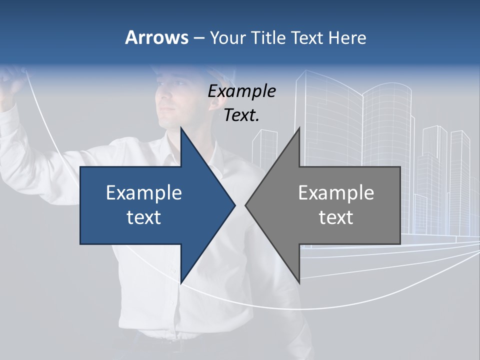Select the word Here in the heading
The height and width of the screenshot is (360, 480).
coord(347,37)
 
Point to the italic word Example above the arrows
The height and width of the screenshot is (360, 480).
coord(241,91)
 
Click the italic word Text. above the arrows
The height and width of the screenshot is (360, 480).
coord(241,115)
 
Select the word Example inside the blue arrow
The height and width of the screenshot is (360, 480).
coord(144,193)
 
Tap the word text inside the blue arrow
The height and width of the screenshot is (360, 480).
coord(144,217)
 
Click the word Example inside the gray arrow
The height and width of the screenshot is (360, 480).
coord(336,193)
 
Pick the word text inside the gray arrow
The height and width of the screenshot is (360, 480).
coord(336,217)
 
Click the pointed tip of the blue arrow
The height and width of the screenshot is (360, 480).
coord(234,205)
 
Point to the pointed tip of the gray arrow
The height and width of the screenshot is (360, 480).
coord(246,205)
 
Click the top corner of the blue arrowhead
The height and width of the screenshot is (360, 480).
coord(181,128)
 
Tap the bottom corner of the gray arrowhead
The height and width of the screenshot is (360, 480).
coord(299,282)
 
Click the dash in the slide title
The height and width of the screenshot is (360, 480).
coord(198,38)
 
